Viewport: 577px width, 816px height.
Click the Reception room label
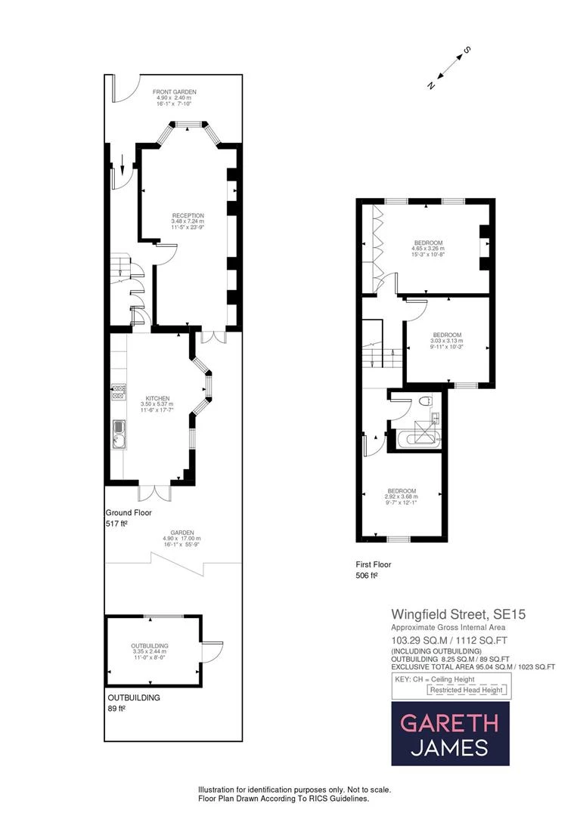click(x=188, y=221)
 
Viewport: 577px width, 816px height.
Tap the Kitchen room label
click(x=157, y=404)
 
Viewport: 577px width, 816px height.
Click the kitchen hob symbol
click(x=119, y=391)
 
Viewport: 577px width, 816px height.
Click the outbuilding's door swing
click(x=213, y=651)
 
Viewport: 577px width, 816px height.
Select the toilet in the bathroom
click(x=424, y=401)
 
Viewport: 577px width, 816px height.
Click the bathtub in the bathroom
click(x=415, y=437)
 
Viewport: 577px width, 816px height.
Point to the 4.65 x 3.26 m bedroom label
click(x=428, y=249)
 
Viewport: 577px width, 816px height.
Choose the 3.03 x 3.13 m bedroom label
click(x=447, y=341)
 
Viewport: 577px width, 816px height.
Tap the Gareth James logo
click(x=450, y=733)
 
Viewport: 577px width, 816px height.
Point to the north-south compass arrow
click(x=448, y=69)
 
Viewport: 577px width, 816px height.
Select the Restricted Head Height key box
click(x=470, y=690)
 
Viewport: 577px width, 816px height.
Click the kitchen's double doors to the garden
click(x=155, y=491)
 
